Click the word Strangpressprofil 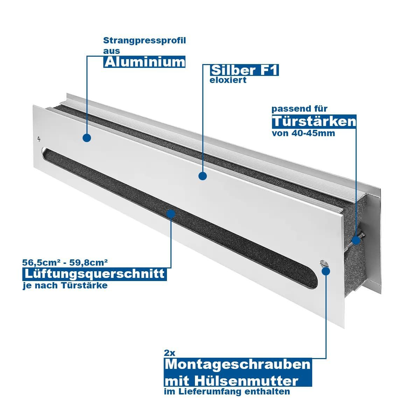(144, 41)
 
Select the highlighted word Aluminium (144, 62)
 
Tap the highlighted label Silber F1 (244, 70)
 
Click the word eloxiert (228, 80)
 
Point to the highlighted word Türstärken (314, 121)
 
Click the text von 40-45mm (303, 133)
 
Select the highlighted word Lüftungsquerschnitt (94, 274)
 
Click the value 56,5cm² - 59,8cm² (65, 262)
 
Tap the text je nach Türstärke (65, 286)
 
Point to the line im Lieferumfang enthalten (227, 391)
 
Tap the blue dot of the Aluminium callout (87, 138)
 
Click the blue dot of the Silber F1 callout (203, 176)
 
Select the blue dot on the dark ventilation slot (171, 214)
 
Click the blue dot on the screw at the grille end (356, 240)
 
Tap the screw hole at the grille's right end (324, 263)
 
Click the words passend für (300, 109)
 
